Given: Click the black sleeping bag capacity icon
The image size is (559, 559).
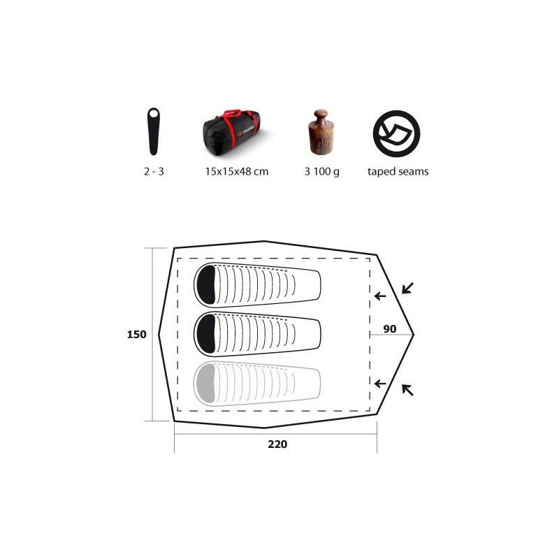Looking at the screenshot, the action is [154, 131].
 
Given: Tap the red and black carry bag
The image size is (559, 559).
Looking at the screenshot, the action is [232, 129].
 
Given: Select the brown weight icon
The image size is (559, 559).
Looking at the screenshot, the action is [321, 132].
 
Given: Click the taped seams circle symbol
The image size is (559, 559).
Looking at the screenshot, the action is [396, 133].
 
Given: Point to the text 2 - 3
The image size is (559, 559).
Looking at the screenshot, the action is [154, 171].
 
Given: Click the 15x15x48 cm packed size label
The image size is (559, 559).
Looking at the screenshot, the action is [237, 171].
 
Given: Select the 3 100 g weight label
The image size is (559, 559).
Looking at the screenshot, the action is [322, 172].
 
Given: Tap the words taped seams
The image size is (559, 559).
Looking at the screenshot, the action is [398, 171].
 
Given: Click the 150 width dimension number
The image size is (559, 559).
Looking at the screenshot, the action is [136, 335].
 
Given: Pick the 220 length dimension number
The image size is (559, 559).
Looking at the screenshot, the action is [277, 444].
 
